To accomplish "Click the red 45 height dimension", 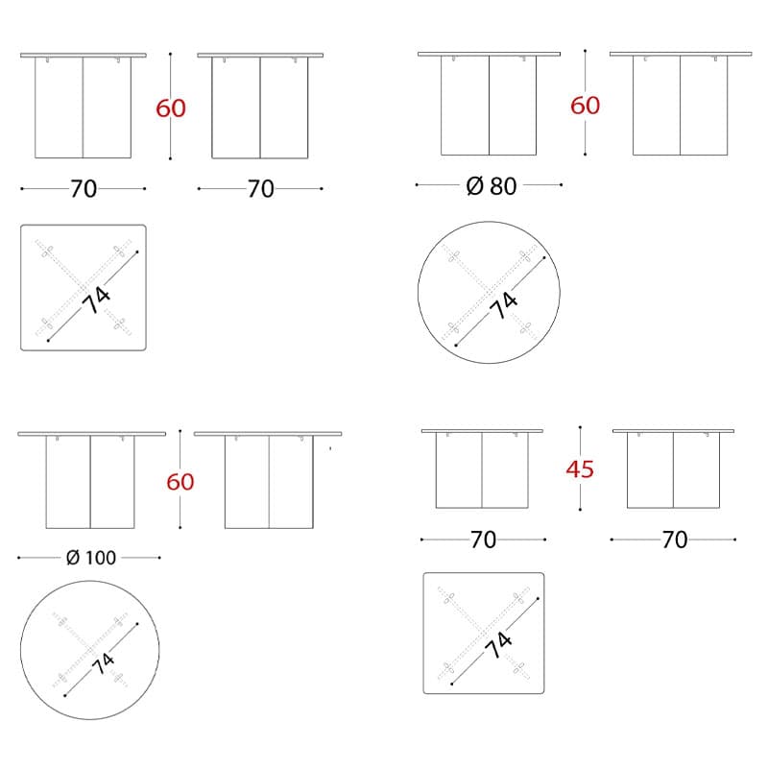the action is (580, 469).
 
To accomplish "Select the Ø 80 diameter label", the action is (492, 186).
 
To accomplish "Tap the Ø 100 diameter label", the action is (91, 558).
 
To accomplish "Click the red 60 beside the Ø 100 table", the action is (180, 482).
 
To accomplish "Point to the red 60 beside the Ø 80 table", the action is (586, 106).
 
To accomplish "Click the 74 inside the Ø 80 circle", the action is (503, 305).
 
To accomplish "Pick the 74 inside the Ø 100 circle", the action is (104, 663).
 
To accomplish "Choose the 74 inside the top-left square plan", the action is (96, 300).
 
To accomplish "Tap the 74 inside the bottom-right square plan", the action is (498, 644).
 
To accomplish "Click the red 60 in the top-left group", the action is (171, 108).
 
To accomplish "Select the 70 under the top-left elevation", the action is (84, 189).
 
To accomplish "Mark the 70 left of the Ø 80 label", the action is (260, 189).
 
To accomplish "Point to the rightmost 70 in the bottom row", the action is (675, 540).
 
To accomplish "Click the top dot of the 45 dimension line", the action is (580, 427).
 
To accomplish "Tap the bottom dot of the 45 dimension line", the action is (580, 510).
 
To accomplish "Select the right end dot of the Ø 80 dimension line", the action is (561, 184).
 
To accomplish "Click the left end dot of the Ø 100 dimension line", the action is (18, 558).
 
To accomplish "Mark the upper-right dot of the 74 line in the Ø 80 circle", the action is (544, 257).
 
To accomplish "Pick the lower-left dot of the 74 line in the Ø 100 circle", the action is (65, 695).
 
